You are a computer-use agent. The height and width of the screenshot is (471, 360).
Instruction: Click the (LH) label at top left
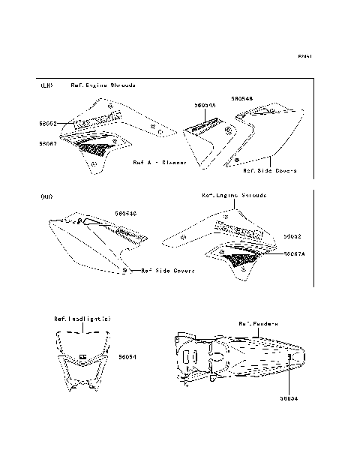click(x=46, y=86)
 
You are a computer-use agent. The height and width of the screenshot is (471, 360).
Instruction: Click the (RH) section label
click(x=46, y=196)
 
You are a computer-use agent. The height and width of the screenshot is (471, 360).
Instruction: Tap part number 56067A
click(x=295, y=254)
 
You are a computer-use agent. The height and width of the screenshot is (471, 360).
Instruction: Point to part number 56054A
click(x=205, y=106)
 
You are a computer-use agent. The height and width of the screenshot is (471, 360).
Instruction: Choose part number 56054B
click(x=242, y=98)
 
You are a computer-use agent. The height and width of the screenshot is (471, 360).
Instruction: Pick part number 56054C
click(x=125, y=214)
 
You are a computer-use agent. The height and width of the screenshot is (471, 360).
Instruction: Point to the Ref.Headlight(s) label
click(x=82, y=318)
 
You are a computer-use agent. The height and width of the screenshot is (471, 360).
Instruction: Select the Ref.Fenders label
click(x=258, y=323)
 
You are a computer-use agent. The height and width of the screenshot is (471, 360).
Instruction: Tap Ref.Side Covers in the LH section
click(x=270, y=170)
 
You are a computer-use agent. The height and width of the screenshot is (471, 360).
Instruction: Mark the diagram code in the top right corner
click(x=304, y=55)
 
